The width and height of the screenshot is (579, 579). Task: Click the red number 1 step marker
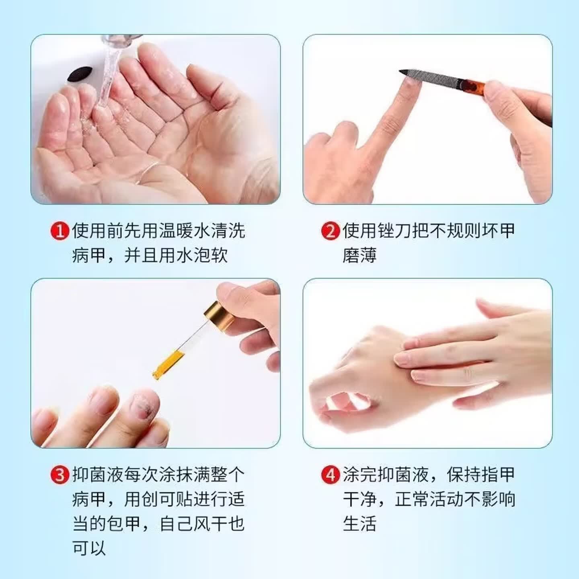60,231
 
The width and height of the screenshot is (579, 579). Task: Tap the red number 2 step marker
331,231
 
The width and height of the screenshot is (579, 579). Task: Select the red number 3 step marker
60,475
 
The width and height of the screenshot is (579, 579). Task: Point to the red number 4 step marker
331,475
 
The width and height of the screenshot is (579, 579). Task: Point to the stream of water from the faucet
107,80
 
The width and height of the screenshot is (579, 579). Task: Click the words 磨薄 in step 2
359,256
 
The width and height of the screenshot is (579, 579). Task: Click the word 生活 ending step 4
359,524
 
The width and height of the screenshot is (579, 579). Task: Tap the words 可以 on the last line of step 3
89,548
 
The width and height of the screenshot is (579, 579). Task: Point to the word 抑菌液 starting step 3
98,475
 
